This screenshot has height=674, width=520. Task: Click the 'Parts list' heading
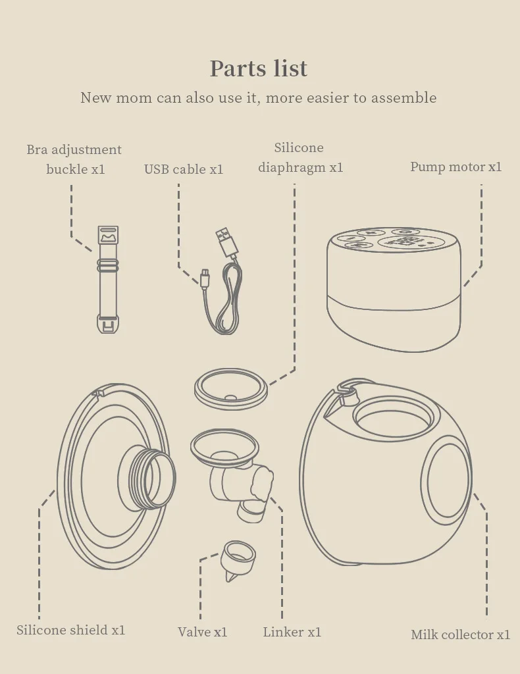tap(259, 68)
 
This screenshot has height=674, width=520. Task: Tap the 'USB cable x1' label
tap(184, 169)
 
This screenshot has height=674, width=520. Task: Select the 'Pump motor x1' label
tap(455, 167)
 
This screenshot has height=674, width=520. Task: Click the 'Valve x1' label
tap(203, 632)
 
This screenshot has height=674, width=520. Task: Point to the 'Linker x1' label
tap(292, 632)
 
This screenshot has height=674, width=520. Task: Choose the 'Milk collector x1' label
tap(460, 635)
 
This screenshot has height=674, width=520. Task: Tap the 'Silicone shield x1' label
tap(71, 630)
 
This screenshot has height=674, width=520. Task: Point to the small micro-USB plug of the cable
tap(205, 277)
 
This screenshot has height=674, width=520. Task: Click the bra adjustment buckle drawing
tap(108, 279)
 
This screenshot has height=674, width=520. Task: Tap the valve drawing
tap(238, 560)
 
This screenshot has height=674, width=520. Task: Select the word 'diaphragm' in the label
tap(292, 167)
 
